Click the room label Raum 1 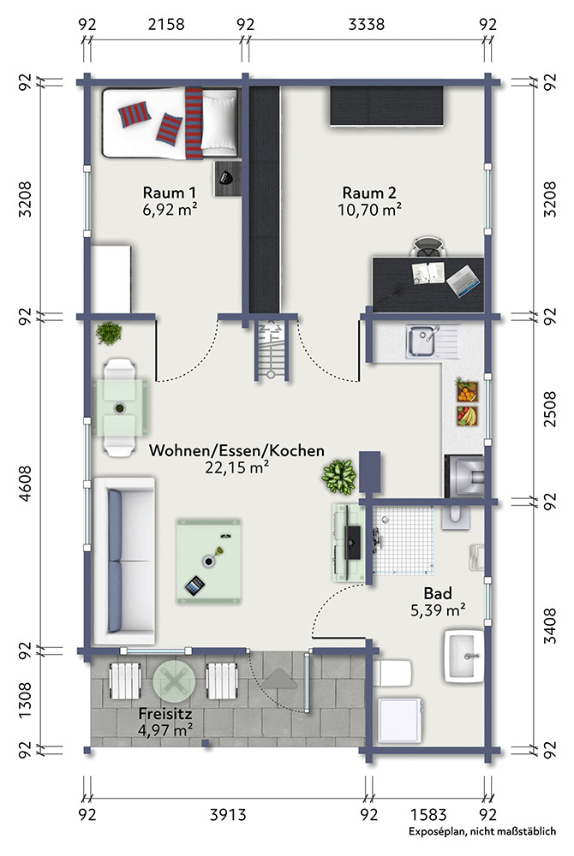point(170,193)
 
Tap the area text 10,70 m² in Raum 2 point(370,210)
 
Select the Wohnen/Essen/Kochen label point(236,450)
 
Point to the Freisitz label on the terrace point(165,714)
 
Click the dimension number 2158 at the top point(166,25)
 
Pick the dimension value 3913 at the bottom point(228,815)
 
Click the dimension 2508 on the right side point(550,409)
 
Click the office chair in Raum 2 point(428,247)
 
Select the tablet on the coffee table point(195,586)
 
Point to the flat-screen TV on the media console point(350,541)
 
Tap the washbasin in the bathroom point(463,657)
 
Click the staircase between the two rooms point(272,350)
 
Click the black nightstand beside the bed point(227,179)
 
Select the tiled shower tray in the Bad point(404,540)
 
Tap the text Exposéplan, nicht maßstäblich point(482,831)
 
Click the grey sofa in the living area point(124,561)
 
